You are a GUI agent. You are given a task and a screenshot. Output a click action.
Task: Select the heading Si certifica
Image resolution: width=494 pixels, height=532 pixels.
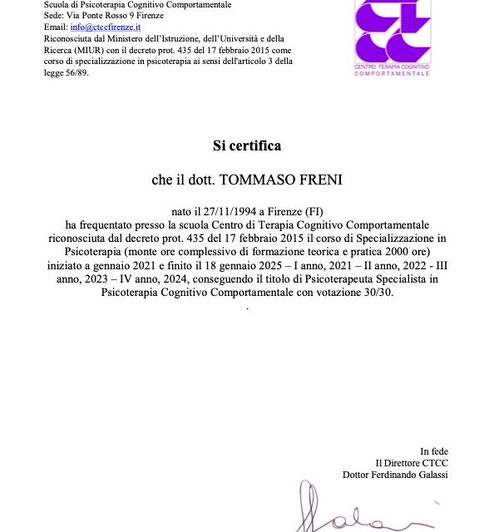click(x=247, y=146)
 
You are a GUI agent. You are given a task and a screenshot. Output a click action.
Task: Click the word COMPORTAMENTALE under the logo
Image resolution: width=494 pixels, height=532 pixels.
click(x=392, y=74)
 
